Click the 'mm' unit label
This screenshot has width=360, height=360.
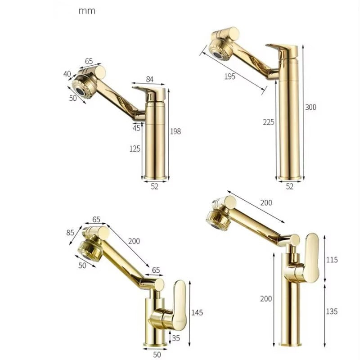(x=87, y=11)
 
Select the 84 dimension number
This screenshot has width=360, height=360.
(x=149, y=79)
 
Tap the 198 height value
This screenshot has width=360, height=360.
(x=175, y=131)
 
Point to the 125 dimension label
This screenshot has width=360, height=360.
(x=135, y=149)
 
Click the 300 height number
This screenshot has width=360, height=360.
(x=310, y=107)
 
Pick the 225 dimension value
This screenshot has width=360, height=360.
(x=269, y=122)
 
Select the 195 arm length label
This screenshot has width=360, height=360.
(x=230, y=76)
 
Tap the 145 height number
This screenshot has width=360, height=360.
(x=197, y=312)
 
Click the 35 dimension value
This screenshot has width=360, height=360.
(x=176, y=338)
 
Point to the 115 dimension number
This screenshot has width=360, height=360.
(x=332, y=260)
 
